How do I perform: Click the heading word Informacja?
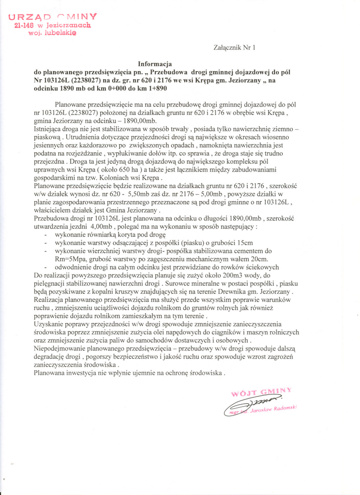[x=155, y=64]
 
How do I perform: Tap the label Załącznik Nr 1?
[x=234, y=47]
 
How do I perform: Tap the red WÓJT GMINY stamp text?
[x=261, y=392]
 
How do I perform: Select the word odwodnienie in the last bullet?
[x=74, y=267]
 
